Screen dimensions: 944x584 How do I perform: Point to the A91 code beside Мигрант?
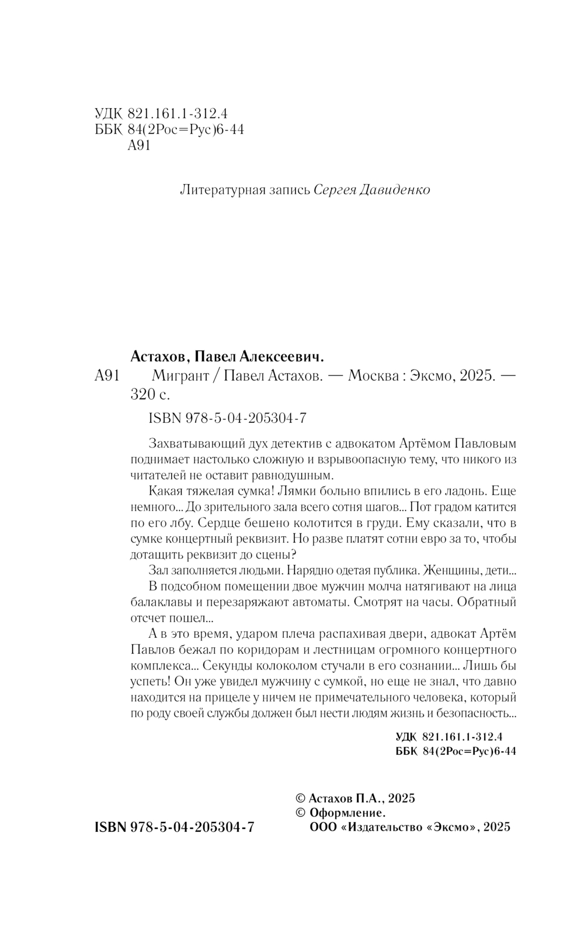tap(106, 376)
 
